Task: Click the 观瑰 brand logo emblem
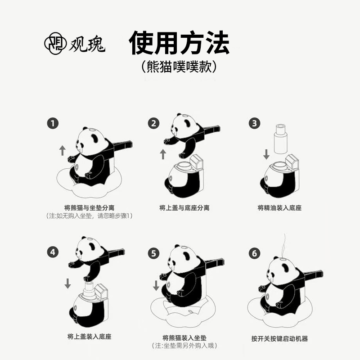(54, 43)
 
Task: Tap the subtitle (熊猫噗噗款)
(179, 67)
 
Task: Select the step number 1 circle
(54, 123)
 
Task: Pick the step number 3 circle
(255, 123)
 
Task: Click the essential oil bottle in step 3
(281, 139)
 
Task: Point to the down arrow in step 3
(266, 154)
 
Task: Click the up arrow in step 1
(62, 150)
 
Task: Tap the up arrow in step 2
(163, 154)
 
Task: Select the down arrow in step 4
(67, 283)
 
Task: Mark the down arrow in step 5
(156, 285)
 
